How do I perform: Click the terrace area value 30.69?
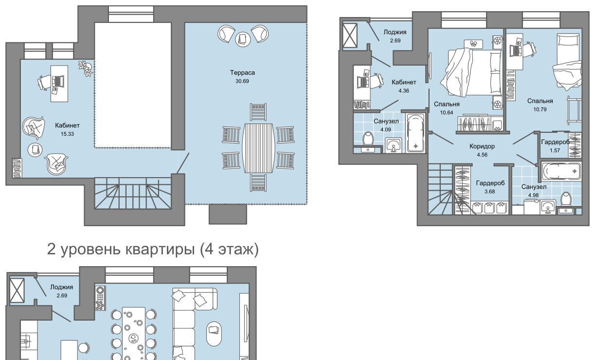pos(242,81)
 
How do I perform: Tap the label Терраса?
pos(242,72)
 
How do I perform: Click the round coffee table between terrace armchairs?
pos(243,39)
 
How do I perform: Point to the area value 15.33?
pos(67,134)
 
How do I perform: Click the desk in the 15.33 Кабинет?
pos(59,84)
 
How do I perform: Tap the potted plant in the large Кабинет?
pos(86,68)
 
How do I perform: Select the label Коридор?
pos(482,146)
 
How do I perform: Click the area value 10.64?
pos(447,113)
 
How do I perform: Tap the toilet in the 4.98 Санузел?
pos(566,200)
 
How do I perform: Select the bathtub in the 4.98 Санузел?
pos(561,171)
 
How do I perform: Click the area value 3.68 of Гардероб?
pos(489,191)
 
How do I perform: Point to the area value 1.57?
pos(555,150)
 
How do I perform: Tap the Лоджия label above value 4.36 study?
pos(395,32)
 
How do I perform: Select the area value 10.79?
pos(540,109)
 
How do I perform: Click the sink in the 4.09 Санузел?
pos(394,145)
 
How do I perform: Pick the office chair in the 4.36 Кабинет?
pos(376,81)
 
